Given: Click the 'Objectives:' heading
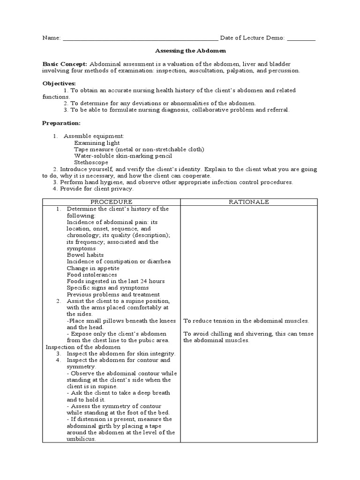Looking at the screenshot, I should click(59, 83).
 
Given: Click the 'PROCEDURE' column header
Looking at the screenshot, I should click(112, 202).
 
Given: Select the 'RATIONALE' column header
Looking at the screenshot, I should click(248, 202).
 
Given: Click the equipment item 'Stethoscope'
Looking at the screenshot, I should click(91, 163).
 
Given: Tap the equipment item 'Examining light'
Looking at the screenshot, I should click(97, 143).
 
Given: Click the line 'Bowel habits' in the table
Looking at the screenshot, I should click(85, 255).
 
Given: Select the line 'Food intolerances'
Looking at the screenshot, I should click(92, 275).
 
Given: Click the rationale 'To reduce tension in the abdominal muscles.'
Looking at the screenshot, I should click(246, 321).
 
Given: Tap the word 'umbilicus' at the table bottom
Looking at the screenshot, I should click(81, 439).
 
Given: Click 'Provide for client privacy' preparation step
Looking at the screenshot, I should click(97, 189).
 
